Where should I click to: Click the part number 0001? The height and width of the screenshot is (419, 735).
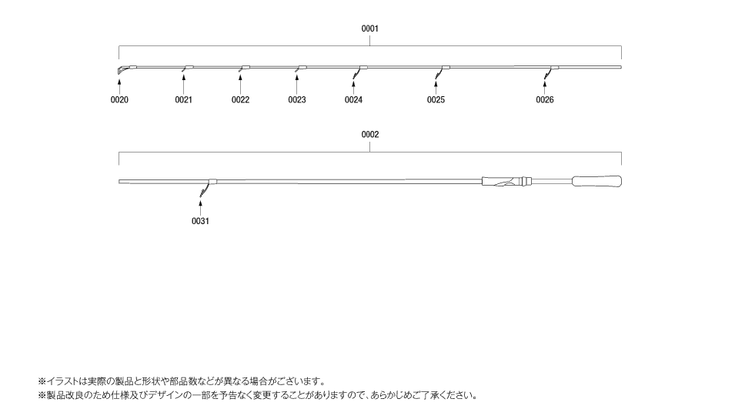click(369, 28)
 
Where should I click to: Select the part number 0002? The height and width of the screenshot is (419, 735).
click(369, 135)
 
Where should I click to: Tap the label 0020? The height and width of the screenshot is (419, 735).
click(119, 99)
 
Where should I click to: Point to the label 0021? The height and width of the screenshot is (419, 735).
click(183, 99)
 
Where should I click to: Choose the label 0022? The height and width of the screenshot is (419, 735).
click(240, 99)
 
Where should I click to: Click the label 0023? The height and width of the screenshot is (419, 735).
click(297, 99)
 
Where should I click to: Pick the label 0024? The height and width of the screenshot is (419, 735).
click(353, 99)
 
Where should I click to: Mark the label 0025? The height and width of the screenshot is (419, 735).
click(436, 99)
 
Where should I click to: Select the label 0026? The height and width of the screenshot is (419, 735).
click(545, 99)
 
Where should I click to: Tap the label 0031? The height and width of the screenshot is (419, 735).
click(200, 221)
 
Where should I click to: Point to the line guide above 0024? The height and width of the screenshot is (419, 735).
click(358, 72)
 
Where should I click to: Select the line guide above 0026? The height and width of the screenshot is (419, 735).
click(550, 72)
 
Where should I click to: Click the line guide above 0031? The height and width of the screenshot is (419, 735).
click(206, 187)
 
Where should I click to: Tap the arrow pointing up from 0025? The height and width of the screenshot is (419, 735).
click(436, 88)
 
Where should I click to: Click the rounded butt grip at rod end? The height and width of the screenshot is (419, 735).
click(596, 181)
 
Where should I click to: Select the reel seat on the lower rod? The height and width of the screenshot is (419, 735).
click(507, 181)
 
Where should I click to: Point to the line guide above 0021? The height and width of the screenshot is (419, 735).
click(187, 69)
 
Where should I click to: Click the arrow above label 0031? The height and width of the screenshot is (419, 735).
click(200, 208)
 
